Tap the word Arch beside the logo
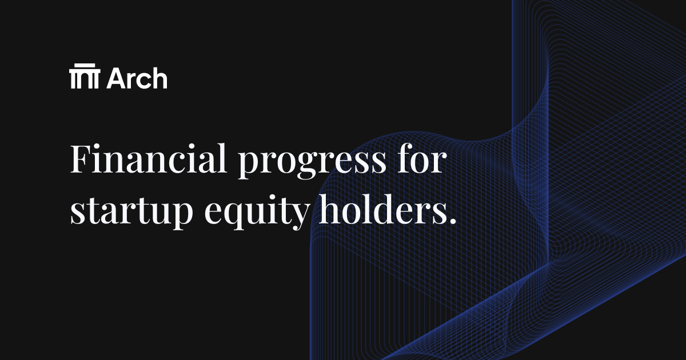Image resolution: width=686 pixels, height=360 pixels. click(x=137, y=78)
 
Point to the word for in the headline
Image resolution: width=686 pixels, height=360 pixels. click(x=422, y=160)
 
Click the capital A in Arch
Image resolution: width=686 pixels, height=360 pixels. click(x=115, y=78)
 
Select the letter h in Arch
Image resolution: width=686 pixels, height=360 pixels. click(x=159, y=78)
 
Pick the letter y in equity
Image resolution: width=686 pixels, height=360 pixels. click(x=297, y=217)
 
